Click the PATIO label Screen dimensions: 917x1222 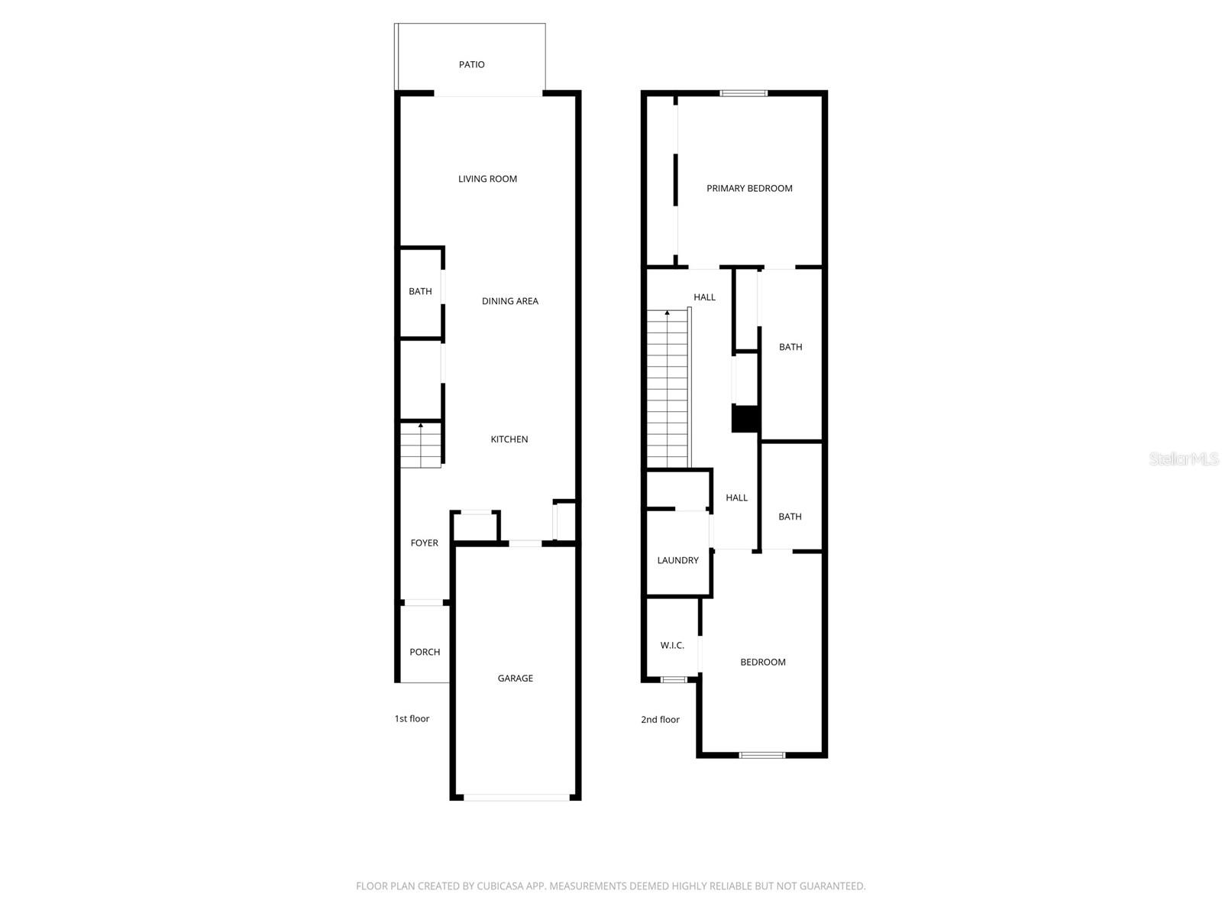tap(471, 65)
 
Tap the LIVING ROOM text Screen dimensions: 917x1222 tap(487, 179)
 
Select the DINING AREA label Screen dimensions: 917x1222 tap(509, 301)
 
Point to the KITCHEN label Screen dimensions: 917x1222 tap(509, 439)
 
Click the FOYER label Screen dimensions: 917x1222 tap(424, 543)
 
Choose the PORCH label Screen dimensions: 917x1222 tap(425, 652)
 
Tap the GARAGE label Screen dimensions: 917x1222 tap(515, 678)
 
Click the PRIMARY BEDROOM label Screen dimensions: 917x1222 tap(748, 188)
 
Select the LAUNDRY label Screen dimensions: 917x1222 tap(677, 560)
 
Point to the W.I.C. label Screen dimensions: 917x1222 tap(672, 646)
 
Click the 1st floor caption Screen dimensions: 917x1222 tap(412, 718)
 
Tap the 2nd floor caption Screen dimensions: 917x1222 tap(660, 719)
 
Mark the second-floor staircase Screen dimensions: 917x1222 tap(668, 390)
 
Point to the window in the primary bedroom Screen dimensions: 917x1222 tap(744, 93)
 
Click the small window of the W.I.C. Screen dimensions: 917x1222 tap(674, 679)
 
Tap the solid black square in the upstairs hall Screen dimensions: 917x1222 tap(745, 419)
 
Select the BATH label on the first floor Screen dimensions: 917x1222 tap(420, 291)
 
